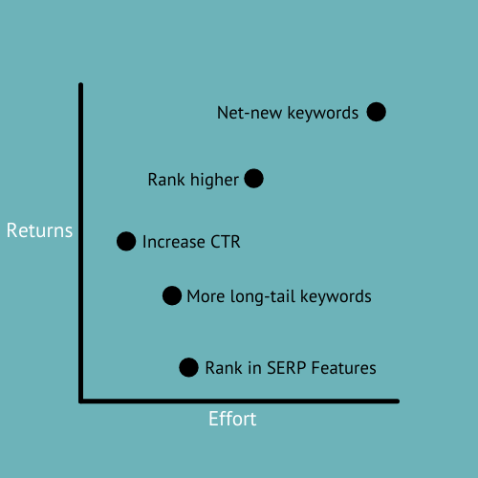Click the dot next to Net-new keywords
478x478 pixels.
(x=376, y=112)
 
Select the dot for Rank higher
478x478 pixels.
(x=253, y=178)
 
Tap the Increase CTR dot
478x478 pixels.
(x=126, y=241)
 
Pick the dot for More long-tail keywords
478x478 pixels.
(x=171, y=295)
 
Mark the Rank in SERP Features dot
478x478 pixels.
(x=188, y=367)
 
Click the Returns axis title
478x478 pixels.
(x=39, y=231)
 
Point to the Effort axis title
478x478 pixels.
(x=232, y=420)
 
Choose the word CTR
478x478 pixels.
(x=223, y=242)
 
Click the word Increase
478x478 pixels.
(x=172, y=242)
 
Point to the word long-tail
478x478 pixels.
(x=262, y=296)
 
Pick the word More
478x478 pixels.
(x=204, y=296)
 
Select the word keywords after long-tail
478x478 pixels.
(x=335, y=296)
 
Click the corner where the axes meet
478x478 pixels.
(x=82, y=401)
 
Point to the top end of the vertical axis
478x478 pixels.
(x=81, y=86)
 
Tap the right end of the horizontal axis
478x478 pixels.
(x=396, y=401)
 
